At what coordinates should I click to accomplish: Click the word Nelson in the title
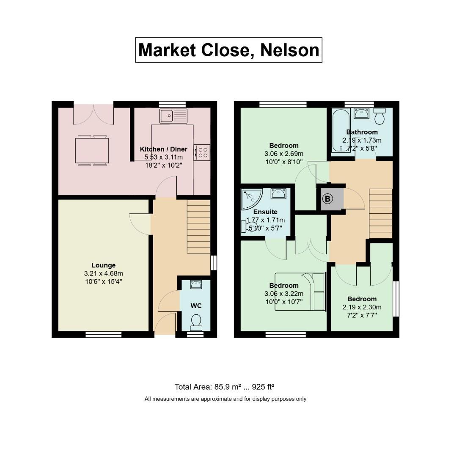tap(289, 50)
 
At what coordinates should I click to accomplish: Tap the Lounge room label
tap(103, 265)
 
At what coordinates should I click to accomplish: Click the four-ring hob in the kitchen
tap(202, 152)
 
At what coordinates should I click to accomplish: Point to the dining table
tap(92, 150)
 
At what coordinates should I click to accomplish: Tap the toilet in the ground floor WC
tap(196, 322)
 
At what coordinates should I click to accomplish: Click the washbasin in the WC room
tap(196, 284)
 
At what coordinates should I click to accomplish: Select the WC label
tap(196, 306)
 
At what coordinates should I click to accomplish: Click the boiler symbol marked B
tap(327, 199)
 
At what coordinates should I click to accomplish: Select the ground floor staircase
tap(198, 226)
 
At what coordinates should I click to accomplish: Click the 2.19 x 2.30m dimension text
tap(362, 307)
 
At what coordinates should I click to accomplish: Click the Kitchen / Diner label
tap(163, 149)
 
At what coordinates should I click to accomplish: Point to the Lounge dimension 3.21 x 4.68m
tap(103, 273)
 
